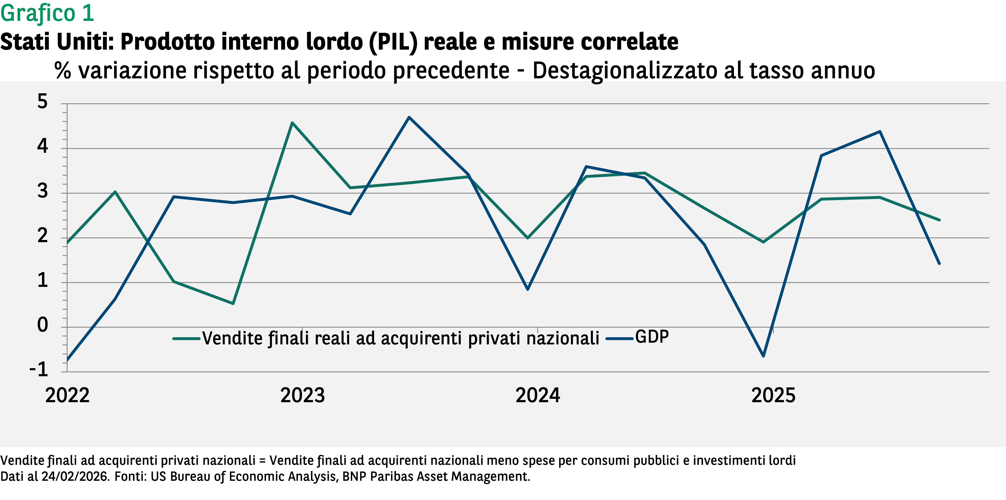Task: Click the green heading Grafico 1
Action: (47, 13)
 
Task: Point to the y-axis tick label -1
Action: (39, 369)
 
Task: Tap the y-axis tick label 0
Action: (42, 325)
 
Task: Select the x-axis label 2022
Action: (67, 395)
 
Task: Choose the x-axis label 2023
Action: (302, 395)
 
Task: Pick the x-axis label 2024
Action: (537, 395)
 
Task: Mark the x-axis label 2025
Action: (773, 395)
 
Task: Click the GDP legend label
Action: (652, 337)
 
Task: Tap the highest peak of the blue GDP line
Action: (409, 117)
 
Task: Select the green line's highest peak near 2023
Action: (292, 123)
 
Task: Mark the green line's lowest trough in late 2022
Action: (233, 303)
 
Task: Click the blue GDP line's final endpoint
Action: (939, 263)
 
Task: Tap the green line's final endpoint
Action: (939, 220)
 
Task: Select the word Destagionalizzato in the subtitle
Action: (625, 71)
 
